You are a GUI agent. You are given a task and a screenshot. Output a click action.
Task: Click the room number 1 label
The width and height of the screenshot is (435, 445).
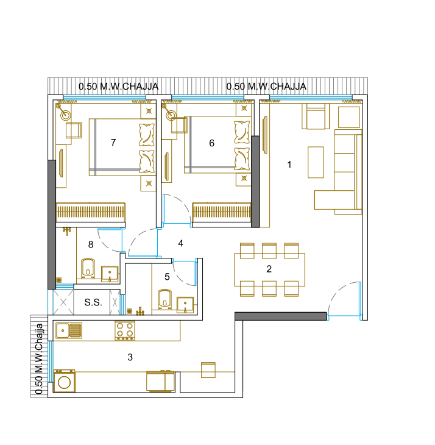(289, 164)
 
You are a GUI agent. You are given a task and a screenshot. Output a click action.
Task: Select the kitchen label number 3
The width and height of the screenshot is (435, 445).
(130, 357)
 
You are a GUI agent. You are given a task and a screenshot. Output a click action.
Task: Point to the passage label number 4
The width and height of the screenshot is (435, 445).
(180, 243)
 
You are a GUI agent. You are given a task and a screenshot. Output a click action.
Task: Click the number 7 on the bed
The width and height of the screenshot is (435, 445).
(113, 142)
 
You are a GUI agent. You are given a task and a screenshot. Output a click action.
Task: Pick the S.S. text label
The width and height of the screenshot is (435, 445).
(93, 302)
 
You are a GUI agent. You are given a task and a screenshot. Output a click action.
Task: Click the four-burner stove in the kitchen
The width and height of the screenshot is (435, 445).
(125, 330)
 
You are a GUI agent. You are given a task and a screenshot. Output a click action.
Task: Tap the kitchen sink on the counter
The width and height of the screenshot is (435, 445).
(69, 330)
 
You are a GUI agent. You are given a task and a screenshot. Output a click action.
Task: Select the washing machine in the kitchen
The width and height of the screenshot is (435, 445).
(64, 380)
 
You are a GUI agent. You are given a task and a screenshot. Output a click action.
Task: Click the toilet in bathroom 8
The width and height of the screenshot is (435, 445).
(88, 268)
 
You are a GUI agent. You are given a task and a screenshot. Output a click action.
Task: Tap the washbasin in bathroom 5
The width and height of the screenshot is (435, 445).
(185, 304)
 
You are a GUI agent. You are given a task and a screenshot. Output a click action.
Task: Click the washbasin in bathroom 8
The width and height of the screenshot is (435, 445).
(110, 274)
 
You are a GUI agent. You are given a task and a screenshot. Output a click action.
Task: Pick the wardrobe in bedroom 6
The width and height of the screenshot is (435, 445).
(222, 212)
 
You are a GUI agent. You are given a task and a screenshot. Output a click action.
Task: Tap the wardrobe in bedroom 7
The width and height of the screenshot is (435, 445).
(91, 212)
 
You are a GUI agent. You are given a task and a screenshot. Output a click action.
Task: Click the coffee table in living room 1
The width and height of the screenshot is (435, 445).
(316, 162)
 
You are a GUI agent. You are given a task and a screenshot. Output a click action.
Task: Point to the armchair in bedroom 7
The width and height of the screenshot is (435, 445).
(74, 130)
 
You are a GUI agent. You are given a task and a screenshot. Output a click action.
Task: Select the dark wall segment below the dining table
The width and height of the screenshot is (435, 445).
(280, 316)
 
